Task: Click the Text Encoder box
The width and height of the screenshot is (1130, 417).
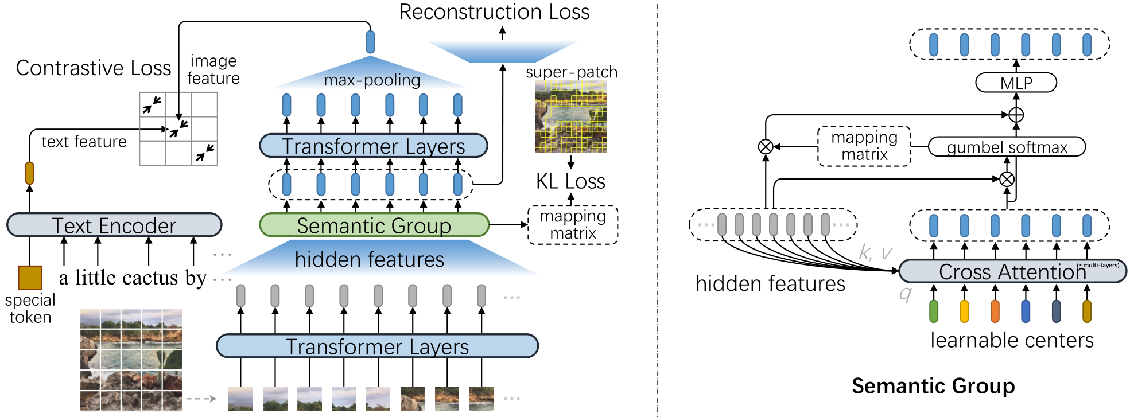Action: tap(114, 225)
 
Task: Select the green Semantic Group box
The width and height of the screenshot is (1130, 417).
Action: tap(374, 225)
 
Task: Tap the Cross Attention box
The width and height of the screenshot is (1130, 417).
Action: tap(1012, 271)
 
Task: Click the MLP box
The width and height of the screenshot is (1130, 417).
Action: tap(1016, 83)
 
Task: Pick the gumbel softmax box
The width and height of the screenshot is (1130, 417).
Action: tap(1007, 147)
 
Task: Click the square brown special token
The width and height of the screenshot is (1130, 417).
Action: tap(30, 278)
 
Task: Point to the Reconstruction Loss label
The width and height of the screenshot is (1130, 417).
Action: tap(494, 12)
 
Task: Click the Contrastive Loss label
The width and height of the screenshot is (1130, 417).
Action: tap(94, 68)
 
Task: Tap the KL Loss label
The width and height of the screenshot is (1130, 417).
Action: tap(570, 181)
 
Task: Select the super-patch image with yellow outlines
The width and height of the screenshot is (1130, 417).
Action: tap(571, 116)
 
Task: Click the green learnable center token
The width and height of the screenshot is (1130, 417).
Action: tap(934, 311)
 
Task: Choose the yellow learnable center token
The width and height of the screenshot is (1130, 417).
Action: tap(964, 311)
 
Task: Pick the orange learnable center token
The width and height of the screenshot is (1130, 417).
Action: tap(995, 311)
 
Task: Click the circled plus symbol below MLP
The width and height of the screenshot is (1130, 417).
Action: tap(1016, 115)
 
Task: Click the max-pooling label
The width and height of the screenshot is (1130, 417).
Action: tap(372, 80)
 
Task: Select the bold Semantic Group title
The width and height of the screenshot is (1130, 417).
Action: tap(933, 386)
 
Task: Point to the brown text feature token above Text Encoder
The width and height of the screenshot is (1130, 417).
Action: tap(30, 173)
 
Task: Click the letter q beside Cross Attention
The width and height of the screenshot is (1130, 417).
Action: tap(905, 294)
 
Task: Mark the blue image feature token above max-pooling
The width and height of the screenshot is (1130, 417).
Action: tap(370, 42)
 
